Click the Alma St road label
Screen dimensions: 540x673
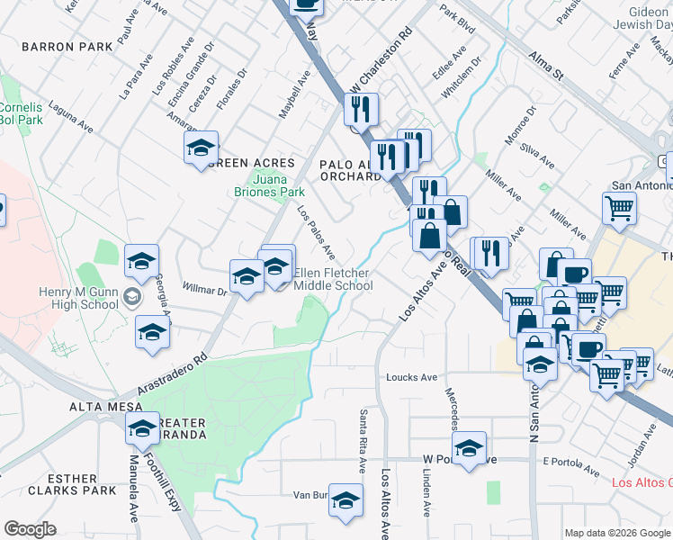545,66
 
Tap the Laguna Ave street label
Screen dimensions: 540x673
72,114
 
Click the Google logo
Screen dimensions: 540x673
31,530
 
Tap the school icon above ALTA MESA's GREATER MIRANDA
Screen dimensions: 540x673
142,431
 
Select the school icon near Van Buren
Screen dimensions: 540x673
345,500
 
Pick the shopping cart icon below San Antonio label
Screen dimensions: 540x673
620,209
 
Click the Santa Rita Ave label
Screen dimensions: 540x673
363,441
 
